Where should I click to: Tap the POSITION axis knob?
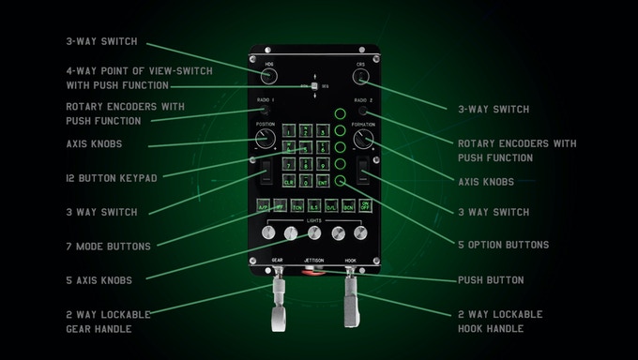(x=266, y=141)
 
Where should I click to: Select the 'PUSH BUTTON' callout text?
(x=491, y=279)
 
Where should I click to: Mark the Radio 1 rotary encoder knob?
(x=266, y=111)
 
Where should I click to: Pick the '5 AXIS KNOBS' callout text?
(x=99, y=279)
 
